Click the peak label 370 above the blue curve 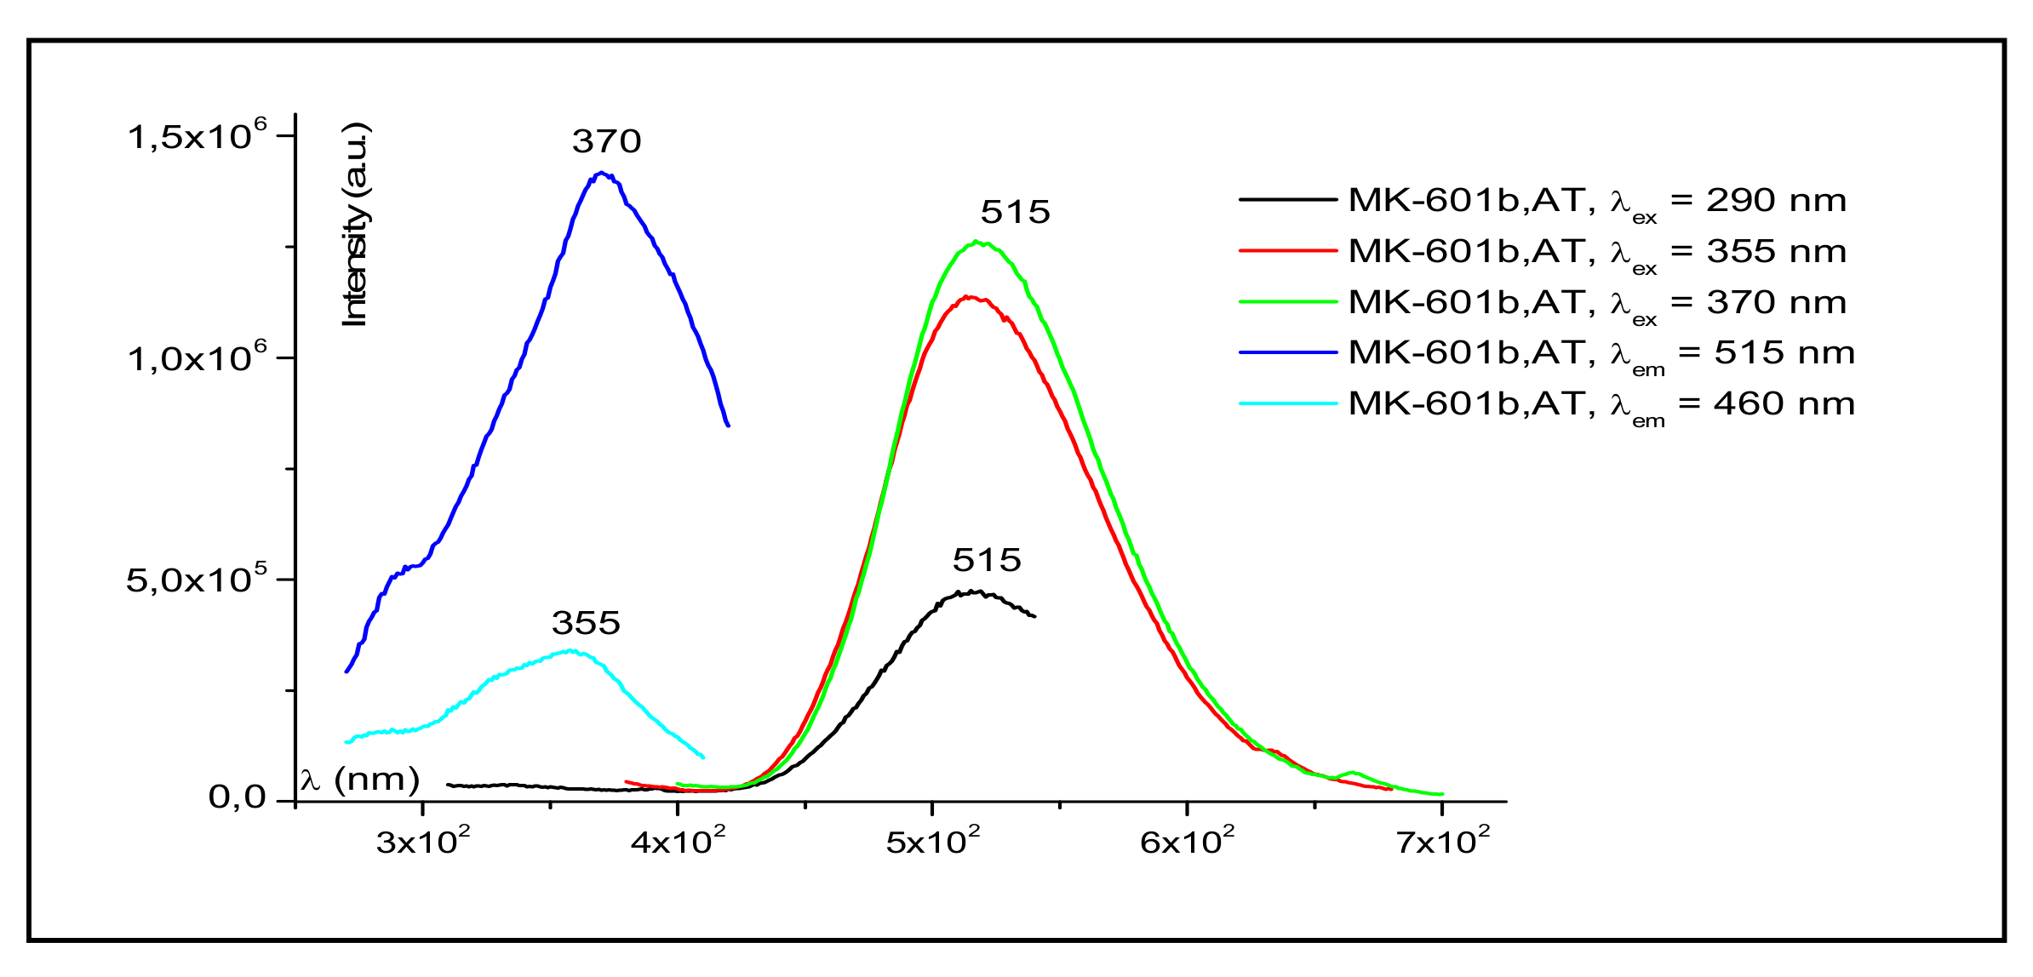click(x=606, y=141)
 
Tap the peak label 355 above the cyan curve click(x=586, y=623)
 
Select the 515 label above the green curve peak click(x=1015, y=212)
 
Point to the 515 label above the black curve click(x=986, y=560)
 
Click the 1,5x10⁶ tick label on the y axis click(x=197, y=135)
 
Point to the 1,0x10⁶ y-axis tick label click(x=197, y=357)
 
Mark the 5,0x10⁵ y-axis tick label click(x=197, y=579)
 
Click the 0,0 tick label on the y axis click(x=236, y=797)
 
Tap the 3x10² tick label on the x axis click(x=423, y=841)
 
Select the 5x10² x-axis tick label click(x=932, y=841)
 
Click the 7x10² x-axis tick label click(x=1442, y=841)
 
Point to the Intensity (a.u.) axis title click(x=355, y=226)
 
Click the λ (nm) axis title click(x=360, y=779)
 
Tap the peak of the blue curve click(x=601, y=173)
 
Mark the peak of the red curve click(x=969, y=297)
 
